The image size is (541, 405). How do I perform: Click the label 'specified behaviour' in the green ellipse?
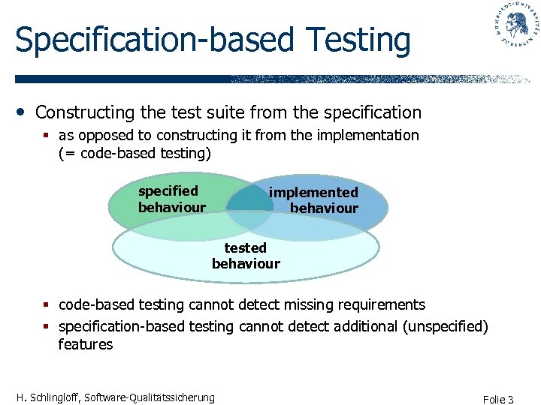(171, 199)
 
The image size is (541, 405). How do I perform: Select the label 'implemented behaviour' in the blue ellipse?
(314, 200)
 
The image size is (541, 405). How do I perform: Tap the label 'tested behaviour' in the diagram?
(246, 255)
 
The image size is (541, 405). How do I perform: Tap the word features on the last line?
(85, 345)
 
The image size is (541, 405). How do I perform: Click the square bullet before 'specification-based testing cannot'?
(47, 327)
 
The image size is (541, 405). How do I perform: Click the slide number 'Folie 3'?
(498, 399)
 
